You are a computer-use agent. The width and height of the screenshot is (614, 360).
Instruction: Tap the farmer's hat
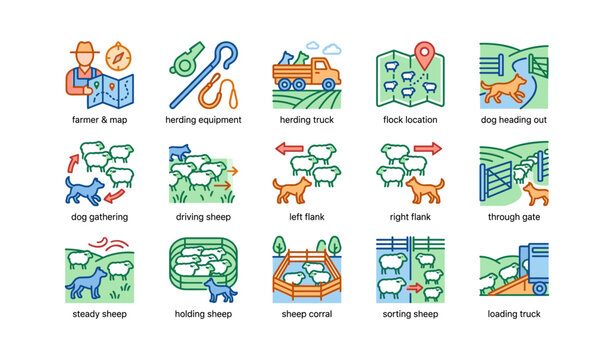[x=83, y=49]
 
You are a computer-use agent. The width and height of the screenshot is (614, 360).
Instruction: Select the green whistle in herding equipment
[x=185, y=60]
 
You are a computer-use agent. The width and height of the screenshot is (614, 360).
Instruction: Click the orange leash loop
[x=210, y=96]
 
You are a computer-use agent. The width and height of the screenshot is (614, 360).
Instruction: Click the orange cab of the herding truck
[x=323, y=71]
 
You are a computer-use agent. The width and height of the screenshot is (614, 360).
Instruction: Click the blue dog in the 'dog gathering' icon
[x=84, y=189]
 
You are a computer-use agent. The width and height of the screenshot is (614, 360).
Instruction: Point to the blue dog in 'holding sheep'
[x=220, y=290]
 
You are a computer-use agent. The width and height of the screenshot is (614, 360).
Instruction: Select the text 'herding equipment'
[x=204, y=120]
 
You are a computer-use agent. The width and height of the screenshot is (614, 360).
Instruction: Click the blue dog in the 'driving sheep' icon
[x=181, y=152]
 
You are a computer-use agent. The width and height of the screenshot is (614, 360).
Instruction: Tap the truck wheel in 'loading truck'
[x=541, y=288]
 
